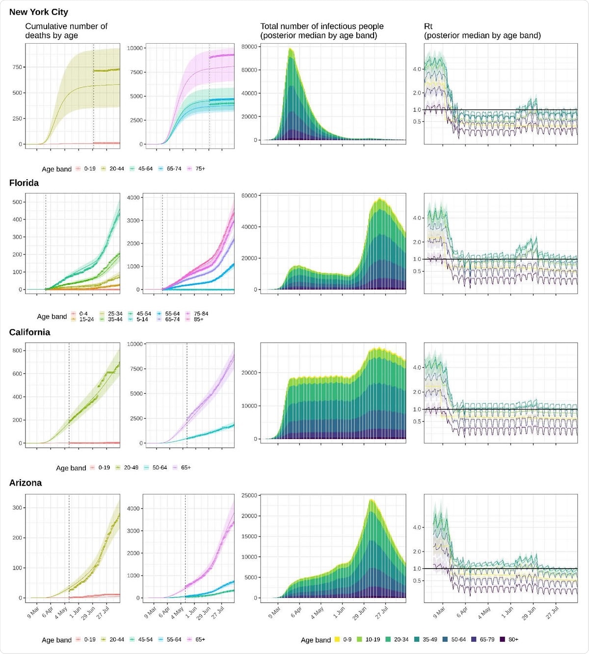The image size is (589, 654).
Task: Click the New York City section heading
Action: tap(39, 12)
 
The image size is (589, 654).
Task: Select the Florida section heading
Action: tap(24, 183)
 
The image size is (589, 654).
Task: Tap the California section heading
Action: tap(29, 332)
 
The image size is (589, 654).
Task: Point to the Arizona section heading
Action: tap(26, 483)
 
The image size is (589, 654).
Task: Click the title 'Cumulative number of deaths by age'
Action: tap(66, 31)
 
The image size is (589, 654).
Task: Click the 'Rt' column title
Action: tap(428, 27)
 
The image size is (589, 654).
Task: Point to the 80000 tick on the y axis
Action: tap(249, 47)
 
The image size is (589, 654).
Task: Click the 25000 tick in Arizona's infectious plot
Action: tap(249, 495)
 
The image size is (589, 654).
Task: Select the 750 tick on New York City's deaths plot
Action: tap(17, 67)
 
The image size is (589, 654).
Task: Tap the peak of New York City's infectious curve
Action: tap(290, 48)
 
